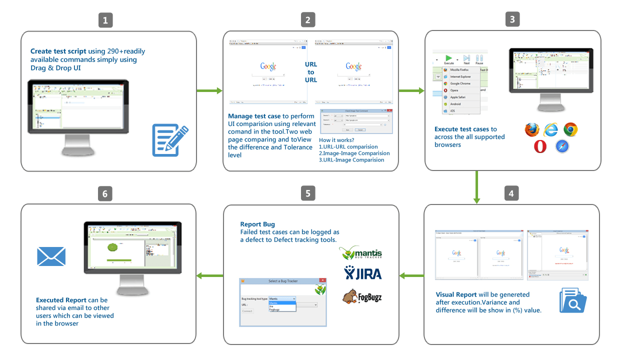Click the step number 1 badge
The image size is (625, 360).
(105, 20)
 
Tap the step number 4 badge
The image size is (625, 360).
(511, 193)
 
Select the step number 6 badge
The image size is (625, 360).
(105, 193)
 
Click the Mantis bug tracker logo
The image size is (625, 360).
(361, 253)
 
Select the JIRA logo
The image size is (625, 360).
(362, 273)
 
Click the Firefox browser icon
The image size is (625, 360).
(532, 130)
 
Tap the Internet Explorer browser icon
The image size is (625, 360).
(551, 130)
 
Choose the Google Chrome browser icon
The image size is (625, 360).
(570, 130)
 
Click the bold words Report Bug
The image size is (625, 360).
(257, 224)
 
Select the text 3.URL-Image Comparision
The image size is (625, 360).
(351, 160)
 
